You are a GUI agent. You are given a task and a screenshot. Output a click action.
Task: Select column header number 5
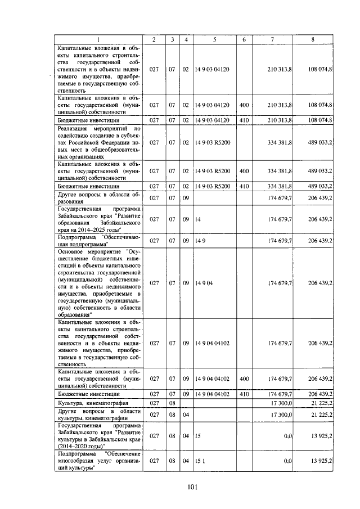(214, 39)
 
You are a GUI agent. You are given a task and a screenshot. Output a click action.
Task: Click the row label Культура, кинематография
(93, 403)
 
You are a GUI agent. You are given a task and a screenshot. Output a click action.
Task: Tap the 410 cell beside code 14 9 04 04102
(244, 394)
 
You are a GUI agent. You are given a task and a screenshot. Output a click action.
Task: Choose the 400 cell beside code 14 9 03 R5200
(244, 170)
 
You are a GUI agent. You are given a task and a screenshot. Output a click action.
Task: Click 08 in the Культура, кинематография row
(173, 403)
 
